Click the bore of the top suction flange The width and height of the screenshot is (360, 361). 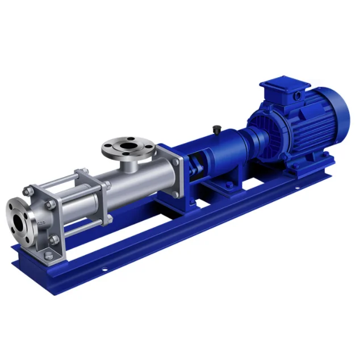(x=128, y=145)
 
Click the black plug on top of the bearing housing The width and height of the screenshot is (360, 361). (x=217, y=130)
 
